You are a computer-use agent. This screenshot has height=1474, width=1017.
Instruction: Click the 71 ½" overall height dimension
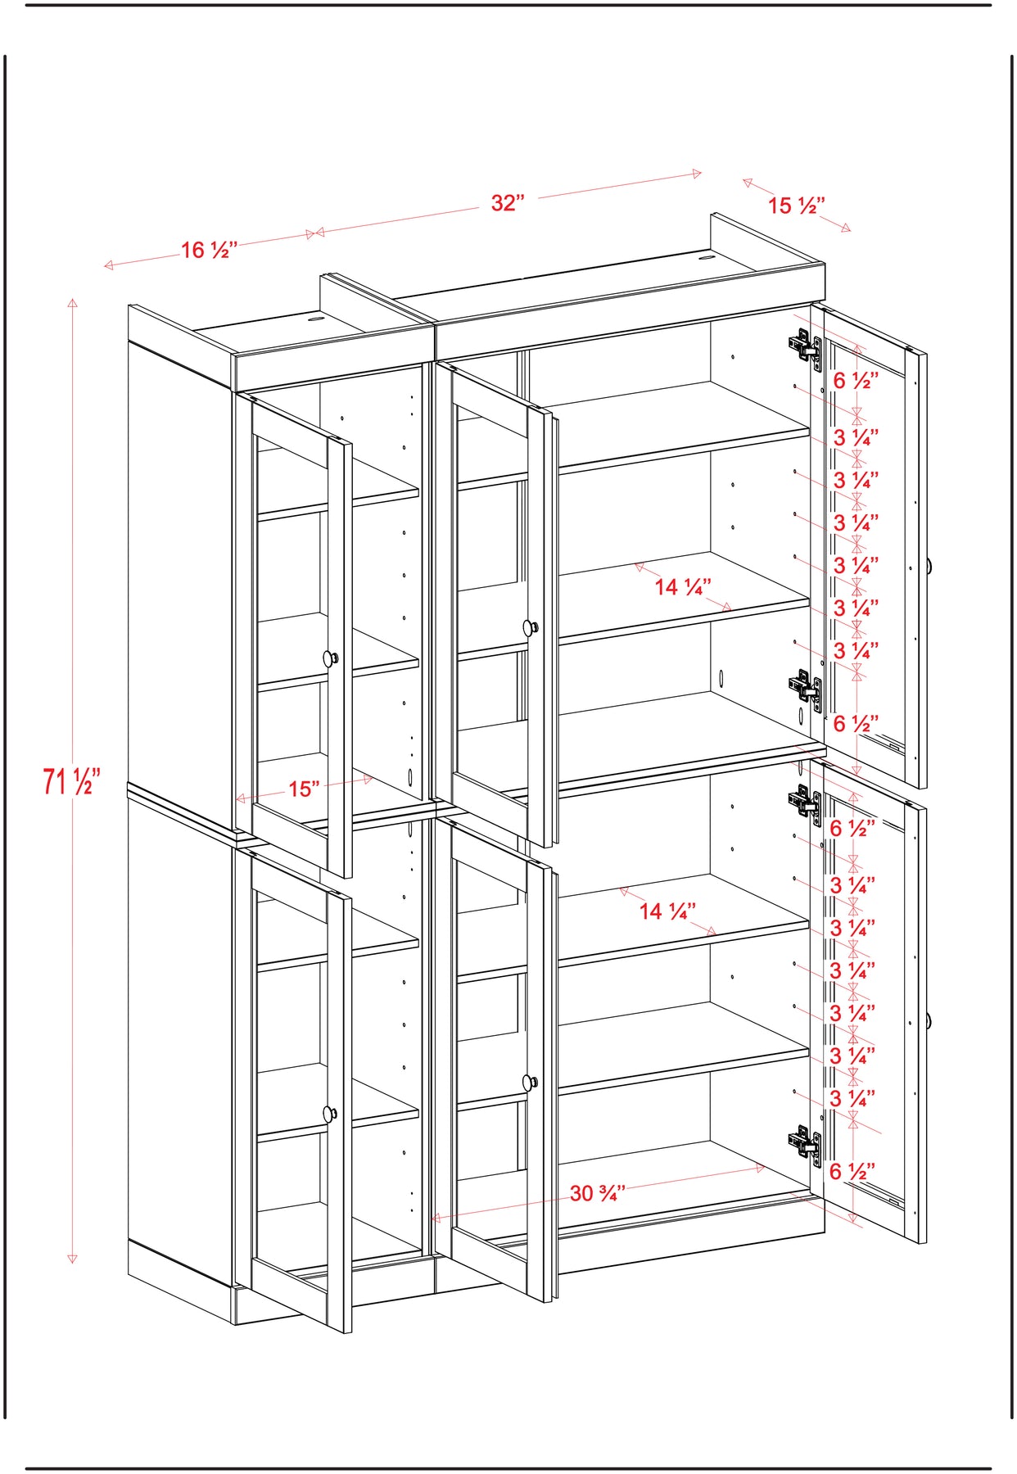coord(71,781)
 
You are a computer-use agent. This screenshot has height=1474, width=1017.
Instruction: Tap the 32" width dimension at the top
coord(508,202)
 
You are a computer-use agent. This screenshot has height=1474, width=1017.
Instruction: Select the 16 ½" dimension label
coord(209,250)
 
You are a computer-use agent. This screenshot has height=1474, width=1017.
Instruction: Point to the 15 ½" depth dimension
coord(796,206)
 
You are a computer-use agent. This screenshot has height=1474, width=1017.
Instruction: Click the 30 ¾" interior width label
coord(598,1193)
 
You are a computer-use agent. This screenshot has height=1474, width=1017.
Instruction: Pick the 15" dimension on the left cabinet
coord(304,789)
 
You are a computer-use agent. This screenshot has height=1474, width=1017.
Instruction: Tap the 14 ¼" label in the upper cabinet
coord(683,586)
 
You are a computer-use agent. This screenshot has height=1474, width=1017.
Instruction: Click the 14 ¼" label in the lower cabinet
coord(667,911)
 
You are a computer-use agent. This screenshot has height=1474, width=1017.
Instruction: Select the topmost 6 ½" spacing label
coord(856,381)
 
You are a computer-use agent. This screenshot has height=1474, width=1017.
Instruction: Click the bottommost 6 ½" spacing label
coord(852,1171)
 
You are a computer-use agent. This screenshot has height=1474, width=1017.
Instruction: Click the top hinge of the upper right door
coord(805,346)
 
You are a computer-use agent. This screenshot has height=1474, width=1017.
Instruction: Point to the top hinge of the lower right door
coord(805,801)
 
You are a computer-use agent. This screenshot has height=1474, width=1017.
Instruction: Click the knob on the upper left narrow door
coord(330,658)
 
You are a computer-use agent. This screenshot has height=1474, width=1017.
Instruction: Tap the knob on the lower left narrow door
coord(330,1114)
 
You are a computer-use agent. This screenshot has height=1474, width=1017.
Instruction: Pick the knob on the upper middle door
coord(531,628)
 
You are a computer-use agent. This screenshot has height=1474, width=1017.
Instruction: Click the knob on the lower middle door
coord(531,1083)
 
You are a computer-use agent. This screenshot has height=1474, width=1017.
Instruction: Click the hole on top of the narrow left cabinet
coord(315,318)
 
